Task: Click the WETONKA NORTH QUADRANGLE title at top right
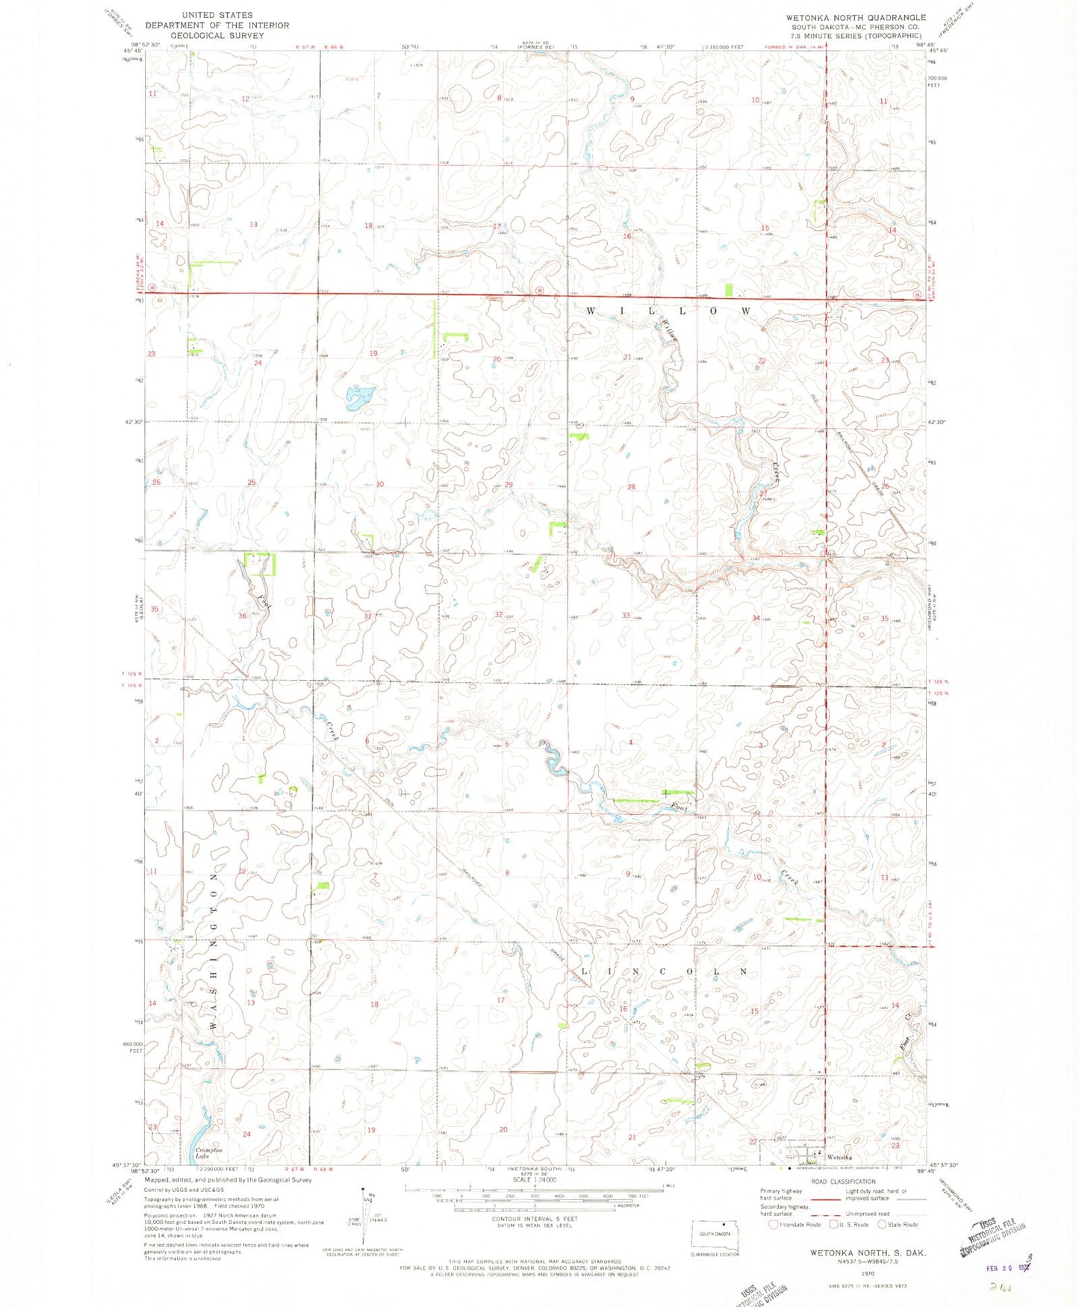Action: tap(855, 17)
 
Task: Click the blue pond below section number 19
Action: tap(358, 397)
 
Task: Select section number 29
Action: tap(509, 485)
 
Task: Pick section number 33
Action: tap(626, 616)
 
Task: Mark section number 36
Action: tap(242, 616)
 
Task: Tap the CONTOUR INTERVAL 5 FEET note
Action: tap(535, 1219)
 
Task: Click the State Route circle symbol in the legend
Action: tap(882, 1224)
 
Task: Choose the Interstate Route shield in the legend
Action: tap(773, 1224)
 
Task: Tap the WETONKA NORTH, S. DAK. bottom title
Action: tap(868, 1252)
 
